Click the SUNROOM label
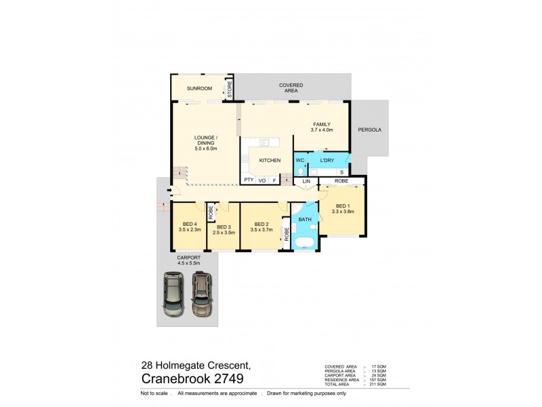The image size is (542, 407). [200, 89]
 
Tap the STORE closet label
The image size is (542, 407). [230, 90]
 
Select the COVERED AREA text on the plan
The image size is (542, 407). [291, 88]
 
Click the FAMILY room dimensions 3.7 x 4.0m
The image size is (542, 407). [321, 130]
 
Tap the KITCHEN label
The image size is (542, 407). [269, 160]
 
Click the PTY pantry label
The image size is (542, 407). [249, 180]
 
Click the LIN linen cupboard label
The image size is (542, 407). [306, 182]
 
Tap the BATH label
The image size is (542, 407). [305, 220]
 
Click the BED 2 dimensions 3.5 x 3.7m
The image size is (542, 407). [261, 230]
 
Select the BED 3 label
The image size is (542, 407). [224, 227]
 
